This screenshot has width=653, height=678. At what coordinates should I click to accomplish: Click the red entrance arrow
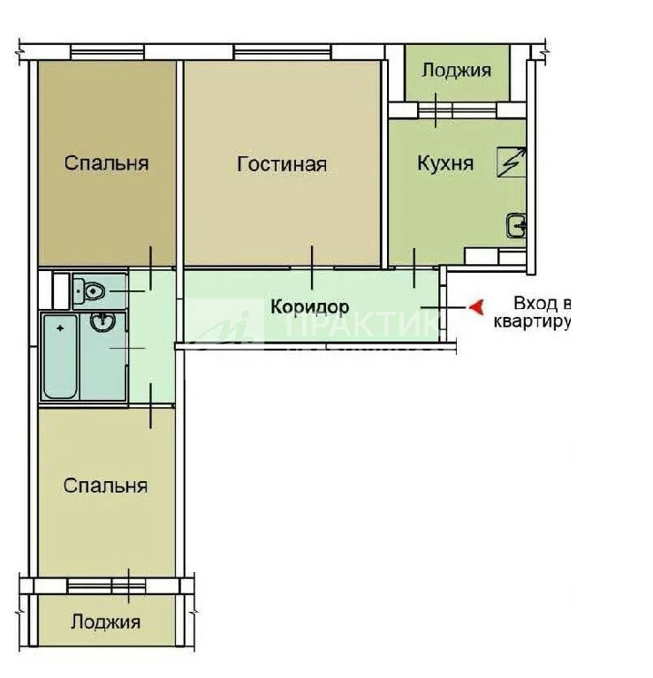476,307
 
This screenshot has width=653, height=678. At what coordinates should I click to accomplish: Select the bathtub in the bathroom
60,357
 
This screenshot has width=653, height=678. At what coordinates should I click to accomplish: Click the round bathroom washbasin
103,321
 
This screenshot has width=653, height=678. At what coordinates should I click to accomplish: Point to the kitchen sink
516,225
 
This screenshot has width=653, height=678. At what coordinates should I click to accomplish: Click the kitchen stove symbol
512,162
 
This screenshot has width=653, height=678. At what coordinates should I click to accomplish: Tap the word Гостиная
282,165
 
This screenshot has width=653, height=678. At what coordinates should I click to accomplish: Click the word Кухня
445,163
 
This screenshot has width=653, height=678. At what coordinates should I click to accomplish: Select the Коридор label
310,306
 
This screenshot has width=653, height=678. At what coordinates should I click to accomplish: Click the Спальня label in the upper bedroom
106,163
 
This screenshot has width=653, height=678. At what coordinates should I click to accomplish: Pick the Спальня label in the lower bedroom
105,486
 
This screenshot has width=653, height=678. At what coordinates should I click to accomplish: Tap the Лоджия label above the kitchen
457,71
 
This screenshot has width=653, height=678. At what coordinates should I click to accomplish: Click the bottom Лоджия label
105,622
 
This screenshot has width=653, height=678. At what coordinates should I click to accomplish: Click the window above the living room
283,52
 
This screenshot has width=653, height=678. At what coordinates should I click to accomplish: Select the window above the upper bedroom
107,52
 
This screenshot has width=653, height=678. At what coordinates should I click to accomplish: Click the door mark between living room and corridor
312,267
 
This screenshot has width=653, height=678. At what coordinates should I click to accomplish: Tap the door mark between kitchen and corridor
414,267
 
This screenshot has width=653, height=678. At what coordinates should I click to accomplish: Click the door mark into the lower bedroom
150,406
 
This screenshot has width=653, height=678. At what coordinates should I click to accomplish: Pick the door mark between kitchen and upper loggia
436,110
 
